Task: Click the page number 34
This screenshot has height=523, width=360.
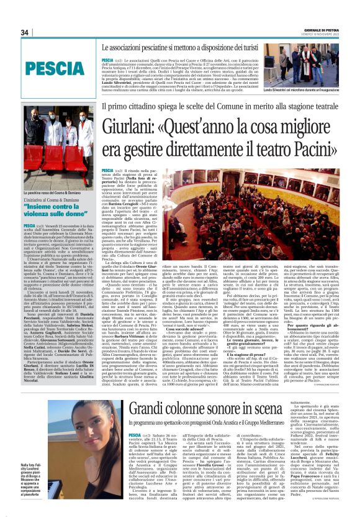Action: pyautogui.click(x=25, y=32)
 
